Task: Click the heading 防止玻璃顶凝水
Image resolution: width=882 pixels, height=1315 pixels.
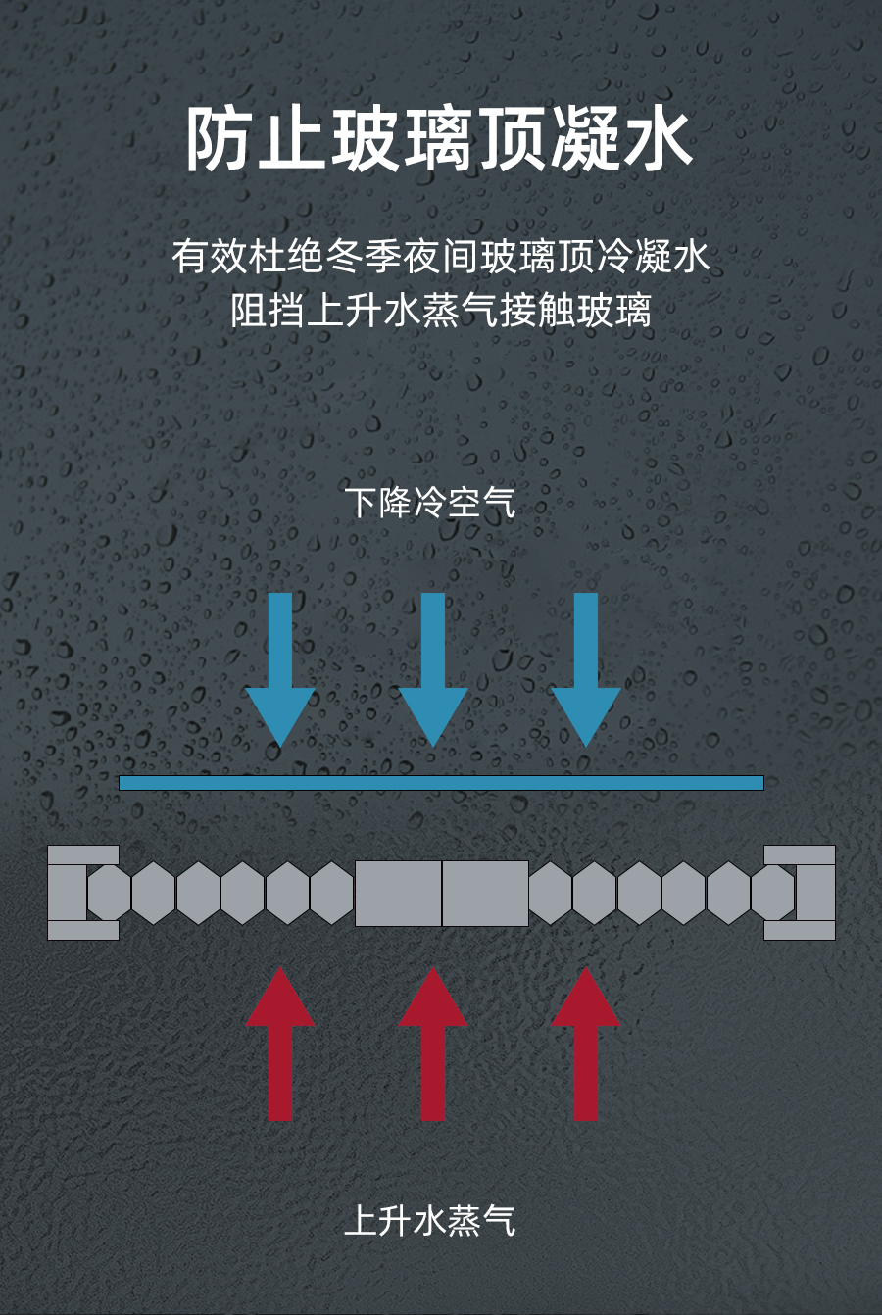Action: (x=440, y=140)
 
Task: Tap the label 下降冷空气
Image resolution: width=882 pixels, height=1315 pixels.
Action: (x=430, y=502)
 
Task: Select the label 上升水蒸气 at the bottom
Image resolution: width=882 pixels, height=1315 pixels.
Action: (x=430, y=1220)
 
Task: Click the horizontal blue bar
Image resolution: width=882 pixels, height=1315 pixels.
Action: (x=441, y=782)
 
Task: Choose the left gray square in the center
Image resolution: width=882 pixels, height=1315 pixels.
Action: (x=398, y=893)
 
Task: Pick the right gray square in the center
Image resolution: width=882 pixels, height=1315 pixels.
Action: (x=485, y=893)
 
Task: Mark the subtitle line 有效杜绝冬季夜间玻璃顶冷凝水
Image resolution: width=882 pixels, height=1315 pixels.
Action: (x=440, y=257)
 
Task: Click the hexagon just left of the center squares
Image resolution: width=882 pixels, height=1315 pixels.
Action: (x=332, y=893)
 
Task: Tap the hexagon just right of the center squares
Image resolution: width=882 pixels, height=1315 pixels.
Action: (x=551, y=893)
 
